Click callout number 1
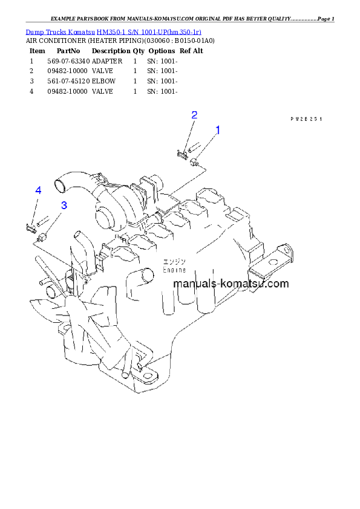coord(218,130)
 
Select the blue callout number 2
coord(194,115)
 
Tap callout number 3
coord(64,205)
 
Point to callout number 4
coord(38,190)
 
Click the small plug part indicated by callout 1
coord(195,162)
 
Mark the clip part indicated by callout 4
coord(28,227)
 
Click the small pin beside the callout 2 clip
coord(190,148)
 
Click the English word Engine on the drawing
coord(174,270)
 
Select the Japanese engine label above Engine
coord(174,262)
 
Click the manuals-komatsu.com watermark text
coord(231,284)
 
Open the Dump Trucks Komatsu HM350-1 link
coord(113,31)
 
